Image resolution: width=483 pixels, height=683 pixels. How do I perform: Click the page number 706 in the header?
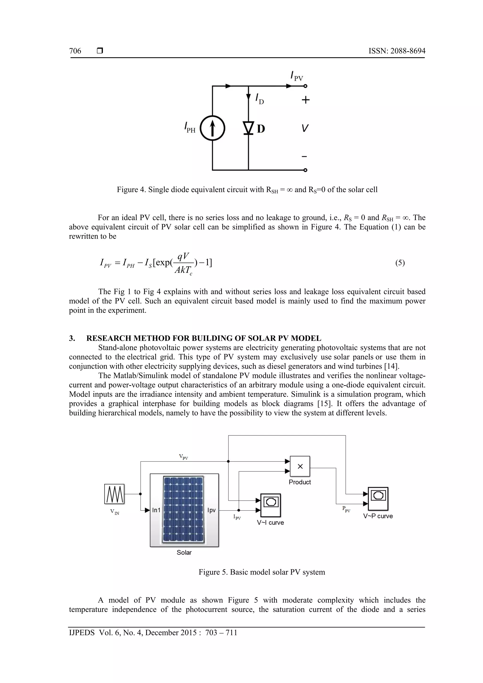(75, 51)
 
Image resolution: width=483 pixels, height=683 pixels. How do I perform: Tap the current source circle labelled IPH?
(212, 128)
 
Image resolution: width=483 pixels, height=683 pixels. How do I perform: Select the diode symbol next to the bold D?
(248, 128)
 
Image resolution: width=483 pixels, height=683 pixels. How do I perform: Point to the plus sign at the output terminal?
(305, 100)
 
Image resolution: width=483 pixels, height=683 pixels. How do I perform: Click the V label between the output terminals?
(305, 128)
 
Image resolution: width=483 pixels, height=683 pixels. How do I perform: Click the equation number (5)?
(400, 263)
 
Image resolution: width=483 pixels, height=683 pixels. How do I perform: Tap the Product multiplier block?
(300, 466)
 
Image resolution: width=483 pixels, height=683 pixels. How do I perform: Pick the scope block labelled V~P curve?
(378, 499)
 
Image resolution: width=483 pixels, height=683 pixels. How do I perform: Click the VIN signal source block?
(114, 494)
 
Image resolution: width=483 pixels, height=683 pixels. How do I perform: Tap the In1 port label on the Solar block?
(156, 510)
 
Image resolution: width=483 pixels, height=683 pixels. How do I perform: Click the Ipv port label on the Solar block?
(211, 510)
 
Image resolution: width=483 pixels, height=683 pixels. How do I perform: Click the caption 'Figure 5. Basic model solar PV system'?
(262, 572)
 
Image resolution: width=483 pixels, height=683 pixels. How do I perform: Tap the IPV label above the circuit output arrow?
(296, 76)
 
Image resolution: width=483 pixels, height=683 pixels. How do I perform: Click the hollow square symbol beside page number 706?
(100, 51)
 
